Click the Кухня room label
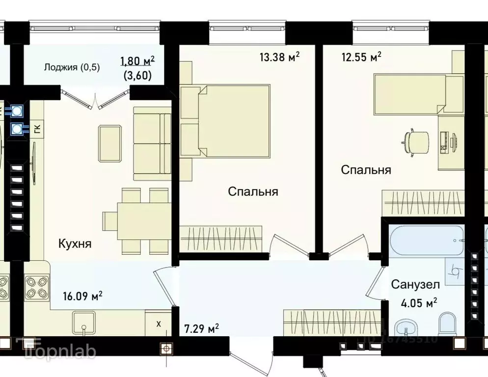75,243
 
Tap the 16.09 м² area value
82,296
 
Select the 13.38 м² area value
279,57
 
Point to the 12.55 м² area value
361,57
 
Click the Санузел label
415,284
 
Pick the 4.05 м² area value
419,302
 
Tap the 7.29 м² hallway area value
201,327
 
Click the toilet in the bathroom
447,325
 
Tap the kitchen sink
84,323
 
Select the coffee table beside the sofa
110,142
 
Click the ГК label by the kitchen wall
37,129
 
